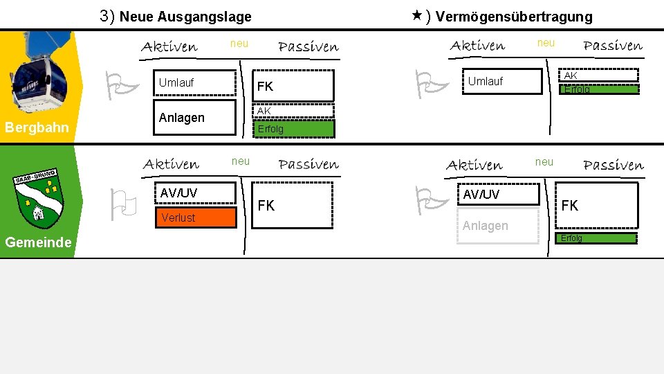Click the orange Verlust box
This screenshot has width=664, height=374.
coord(195,217)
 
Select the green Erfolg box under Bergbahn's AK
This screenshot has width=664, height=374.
coord(295,129)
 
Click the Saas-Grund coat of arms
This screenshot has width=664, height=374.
coord(38,199)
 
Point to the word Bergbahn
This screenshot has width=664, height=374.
coord(37,127)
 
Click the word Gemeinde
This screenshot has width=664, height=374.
coord(38,242)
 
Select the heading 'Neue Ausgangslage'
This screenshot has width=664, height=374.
coord(185,16)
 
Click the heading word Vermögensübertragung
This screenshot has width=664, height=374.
coord(514,17)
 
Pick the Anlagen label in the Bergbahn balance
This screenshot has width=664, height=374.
coord(182,118)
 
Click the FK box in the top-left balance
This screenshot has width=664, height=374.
coord(295,86)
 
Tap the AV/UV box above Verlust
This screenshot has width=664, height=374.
coord(195,193)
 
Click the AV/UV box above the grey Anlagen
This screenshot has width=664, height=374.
coord(499,195)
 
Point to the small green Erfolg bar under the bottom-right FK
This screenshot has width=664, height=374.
coord(596,238)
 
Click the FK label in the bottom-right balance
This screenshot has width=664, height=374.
coord(570,206)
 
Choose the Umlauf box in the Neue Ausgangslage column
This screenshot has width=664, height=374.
coord(196,82)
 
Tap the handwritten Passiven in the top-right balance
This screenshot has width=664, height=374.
coord(613,46)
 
